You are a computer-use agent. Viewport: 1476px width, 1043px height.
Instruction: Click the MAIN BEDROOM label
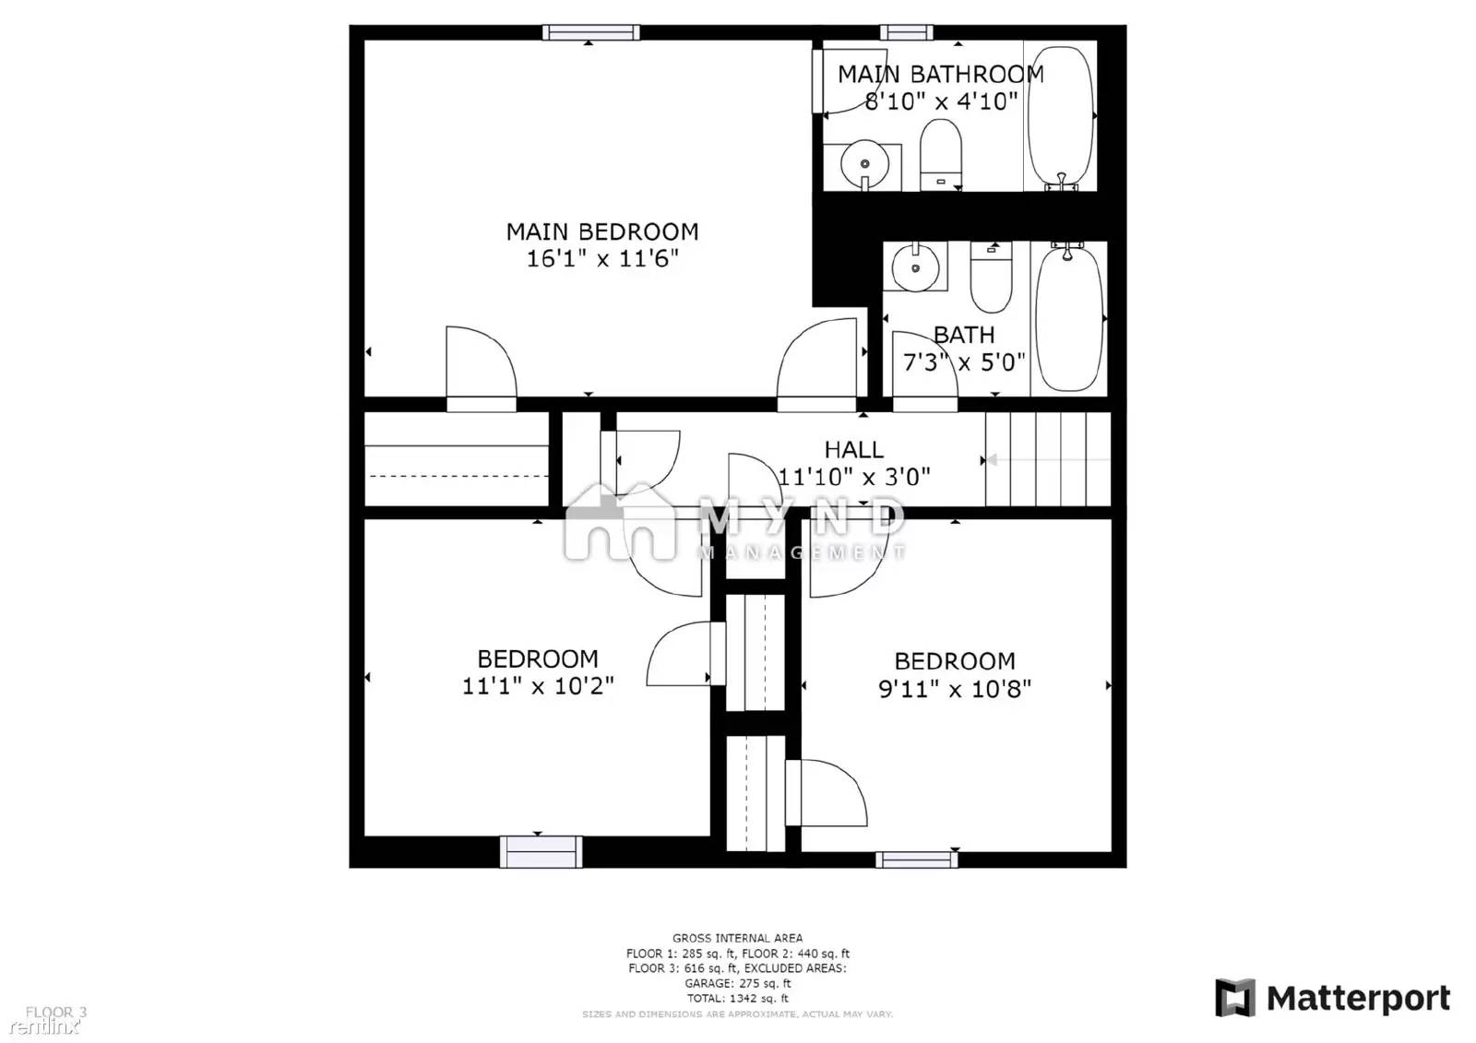601,231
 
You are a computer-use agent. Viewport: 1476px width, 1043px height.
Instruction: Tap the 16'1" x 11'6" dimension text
601,259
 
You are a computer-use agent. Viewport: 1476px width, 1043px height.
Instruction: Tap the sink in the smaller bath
915,267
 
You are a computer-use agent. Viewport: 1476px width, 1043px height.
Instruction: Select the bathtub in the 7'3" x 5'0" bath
1068,318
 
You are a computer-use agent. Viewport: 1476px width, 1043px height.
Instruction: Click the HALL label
853,450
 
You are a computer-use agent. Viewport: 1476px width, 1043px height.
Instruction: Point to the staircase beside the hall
1047,459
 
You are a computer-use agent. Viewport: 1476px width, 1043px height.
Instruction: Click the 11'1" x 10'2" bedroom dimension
537,686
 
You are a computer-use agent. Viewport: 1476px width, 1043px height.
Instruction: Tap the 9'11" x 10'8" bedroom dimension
954,689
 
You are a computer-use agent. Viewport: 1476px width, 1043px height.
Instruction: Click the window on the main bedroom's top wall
590,33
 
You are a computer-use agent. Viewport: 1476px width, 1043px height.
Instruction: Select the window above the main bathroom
906,33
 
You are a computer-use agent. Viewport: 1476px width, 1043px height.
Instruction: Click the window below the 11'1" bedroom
541,851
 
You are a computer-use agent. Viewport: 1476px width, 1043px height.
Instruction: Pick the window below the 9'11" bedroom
916,859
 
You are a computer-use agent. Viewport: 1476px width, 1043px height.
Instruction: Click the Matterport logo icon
1234,998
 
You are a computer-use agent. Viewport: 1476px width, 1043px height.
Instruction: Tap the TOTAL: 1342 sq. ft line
737,998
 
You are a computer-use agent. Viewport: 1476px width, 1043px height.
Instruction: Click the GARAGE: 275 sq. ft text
737,983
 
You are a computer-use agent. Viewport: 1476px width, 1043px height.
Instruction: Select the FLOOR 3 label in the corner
55,1012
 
